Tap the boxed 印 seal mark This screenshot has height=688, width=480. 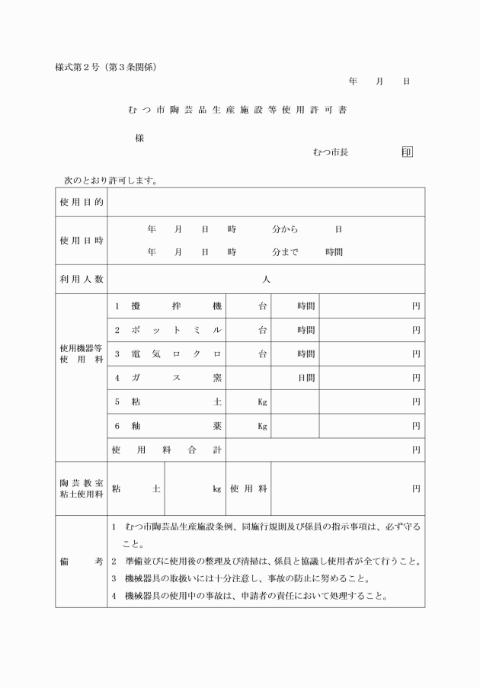coord(407,152)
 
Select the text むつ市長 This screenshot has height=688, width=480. coord(331,152)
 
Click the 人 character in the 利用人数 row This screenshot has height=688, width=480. coord(266,280)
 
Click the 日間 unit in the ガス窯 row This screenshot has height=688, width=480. coord(306,378)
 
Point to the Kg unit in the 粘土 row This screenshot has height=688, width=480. coord(262,402)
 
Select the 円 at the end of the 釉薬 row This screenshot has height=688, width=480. coord(416,426)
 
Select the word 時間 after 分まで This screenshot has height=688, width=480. coord(334,251)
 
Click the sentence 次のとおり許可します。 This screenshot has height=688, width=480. coord(111,181)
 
